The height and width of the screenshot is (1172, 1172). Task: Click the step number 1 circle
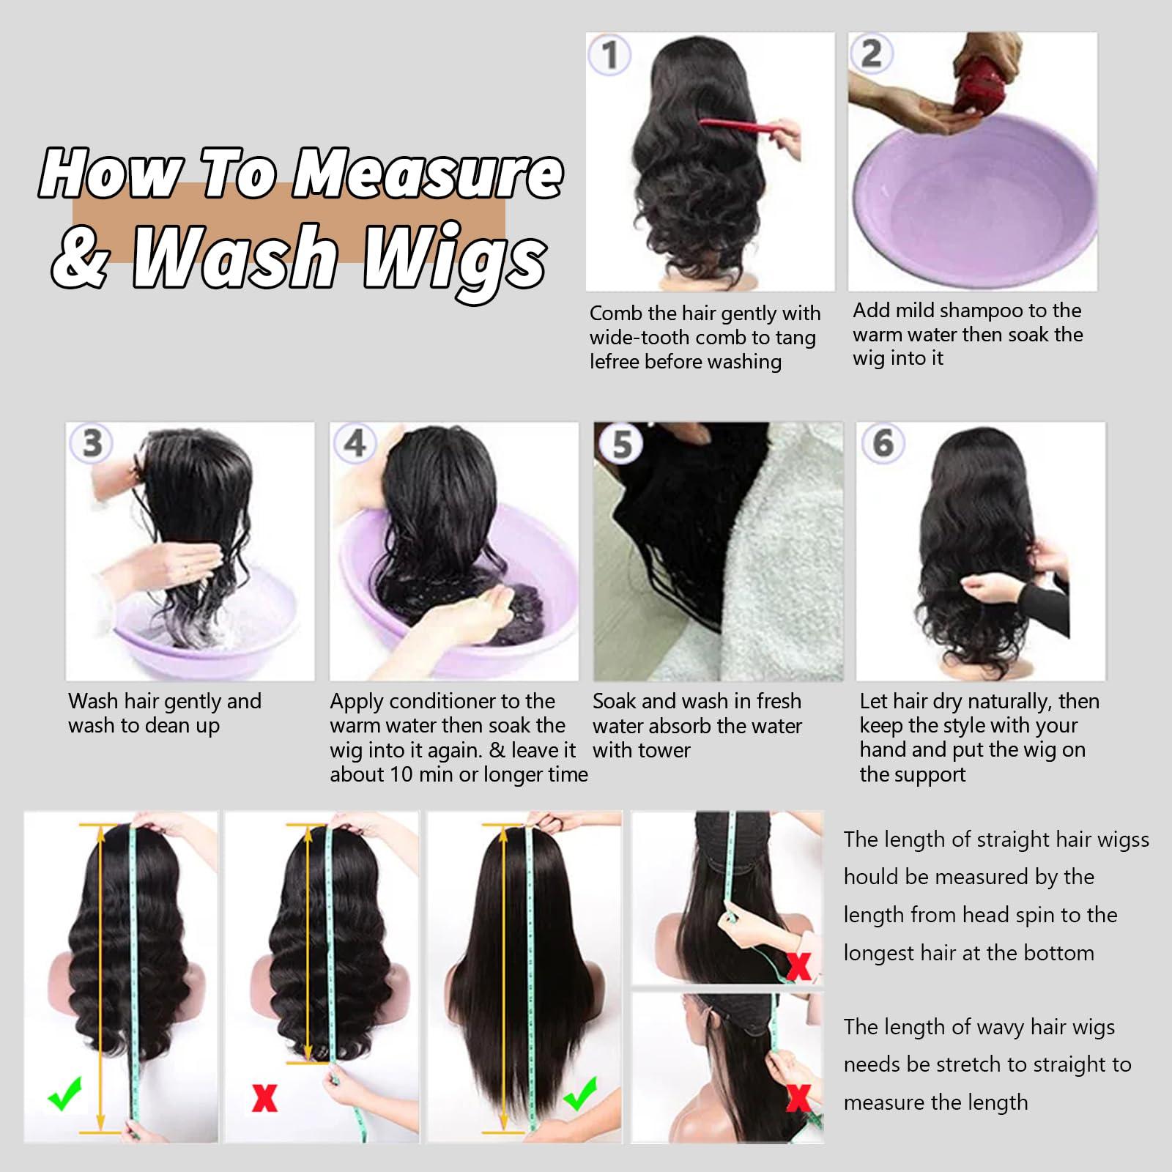[609, 55]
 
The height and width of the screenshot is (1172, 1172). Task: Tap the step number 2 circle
[871, 53]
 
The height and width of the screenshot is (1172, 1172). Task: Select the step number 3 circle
[91, 442]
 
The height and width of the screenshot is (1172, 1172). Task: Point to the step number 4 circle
[355, 442]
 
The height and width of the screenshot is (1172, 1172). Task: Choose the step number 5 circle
[621, 444]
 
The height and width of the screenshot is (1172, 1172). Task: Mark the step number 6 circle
[883, 442]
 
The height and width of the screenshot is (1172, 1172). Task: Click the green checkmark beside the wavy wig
[64, 1096]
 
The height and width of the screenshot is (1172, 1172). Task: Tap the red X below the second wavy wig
[264, 1097]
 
